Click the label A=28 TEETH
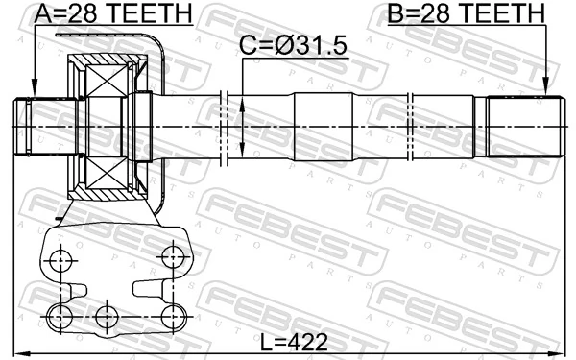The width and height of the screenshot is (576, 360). click(112, 13)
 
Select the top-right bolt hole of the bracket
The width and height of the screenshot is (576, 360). click(173, 256)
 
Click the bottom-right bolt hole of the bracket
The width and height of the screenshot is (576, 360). click(173, 316)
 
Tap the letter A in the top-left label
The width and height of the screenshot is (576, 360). click(41, 13)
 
